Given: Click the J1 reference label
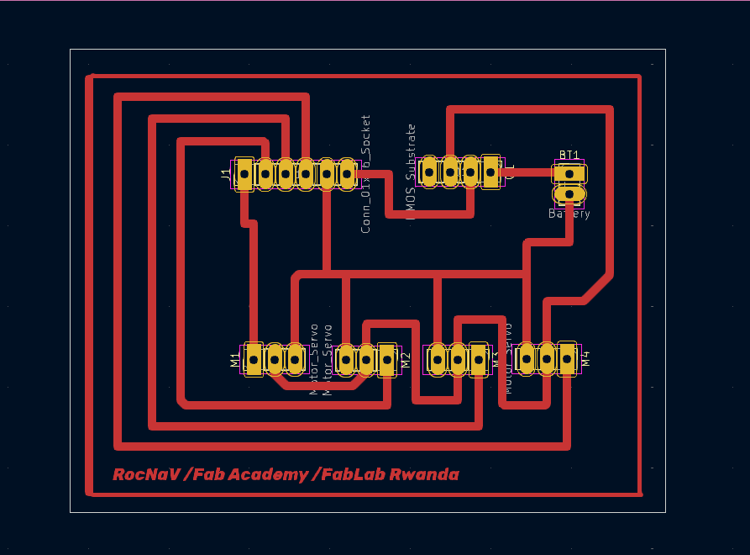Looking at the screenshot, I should pyautogui.click(x=224, y=174).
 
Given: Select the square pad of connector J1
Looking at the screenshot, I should pyautogui.click(x=244, y=174).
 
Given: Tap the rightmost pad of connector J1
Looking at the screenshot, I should pyautogui.click(x=347, y=174).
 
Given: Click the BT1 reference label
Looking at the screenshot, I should pyautogui.click(x=569, y=155).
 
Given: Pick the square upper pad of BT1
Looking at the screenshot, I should pyautogui.click(x=569, y=173).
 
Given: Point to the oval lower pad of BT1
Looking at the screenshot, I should pyautogui.click(x=569, y=194).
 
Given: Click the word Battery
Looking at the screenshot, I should pyautogui.click(x=569, y=214).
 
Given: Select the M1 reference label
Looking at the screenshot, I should pyautogui.click(x=235, y=360).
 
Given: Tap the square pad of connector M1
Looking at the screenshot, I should pyautogui.click(x=253, y=359).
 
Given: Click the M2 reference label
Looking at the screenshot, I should pyautogui.click(x=406, y=361).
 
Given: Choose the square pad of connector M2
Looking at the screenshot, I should pyautogui.click(x=387, y=359).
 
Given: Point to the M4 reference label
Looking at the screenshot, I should pyautogui.click(x=586, y=359).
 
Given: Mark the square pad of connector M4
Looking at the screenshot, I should pyautogui.click(x=568, y=359).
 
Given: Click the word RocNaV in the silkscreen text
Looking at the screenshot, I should pyautogui.click(x=146, y=474).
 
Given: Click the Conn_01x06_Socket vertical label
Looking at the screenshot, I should pyautogui.click(x=365, y=174).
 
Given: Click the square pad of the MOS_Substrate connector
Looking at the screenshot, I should pyautogui.click(x=490, y=172).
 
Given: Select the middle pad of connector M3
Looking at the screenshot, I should pyautogui.click(x=458, y=359).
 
